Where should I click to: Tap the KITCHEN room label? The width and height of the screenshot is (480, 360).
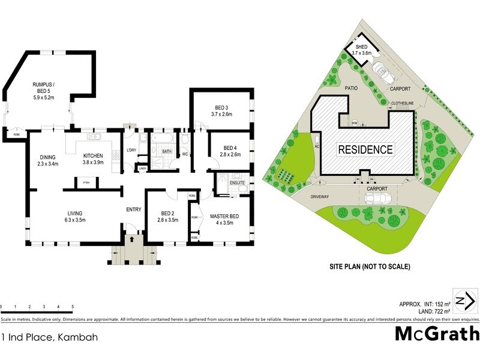pos(93,156)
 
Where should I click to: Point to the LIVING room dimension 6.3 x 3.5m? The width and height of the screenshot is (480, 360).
pos(74,220)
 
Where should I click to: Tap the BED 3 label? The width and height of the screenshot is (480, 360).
pos(221,107)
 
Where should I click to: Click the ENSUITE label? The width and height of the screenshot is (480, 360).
pos(237,182)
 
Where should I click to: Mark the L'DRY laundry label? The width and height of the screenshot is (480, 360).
pos(133,150)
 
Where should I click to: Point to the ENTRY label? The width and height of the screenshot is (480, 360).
pos(133,209)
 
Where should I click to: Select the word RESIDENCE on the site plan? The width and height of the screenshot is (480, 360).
pos(365,149)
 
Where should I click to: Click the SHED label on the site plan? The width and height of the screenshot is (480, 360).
pos(361,47)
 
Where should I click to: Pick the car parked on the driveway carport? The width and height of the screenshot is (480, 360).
pos(380,198)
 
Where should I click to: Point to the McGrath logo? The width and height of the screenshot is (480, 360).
pos(436,334)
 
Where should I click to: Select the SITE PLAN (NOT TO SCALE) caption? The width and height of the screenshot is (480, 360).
pos(370,266)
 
